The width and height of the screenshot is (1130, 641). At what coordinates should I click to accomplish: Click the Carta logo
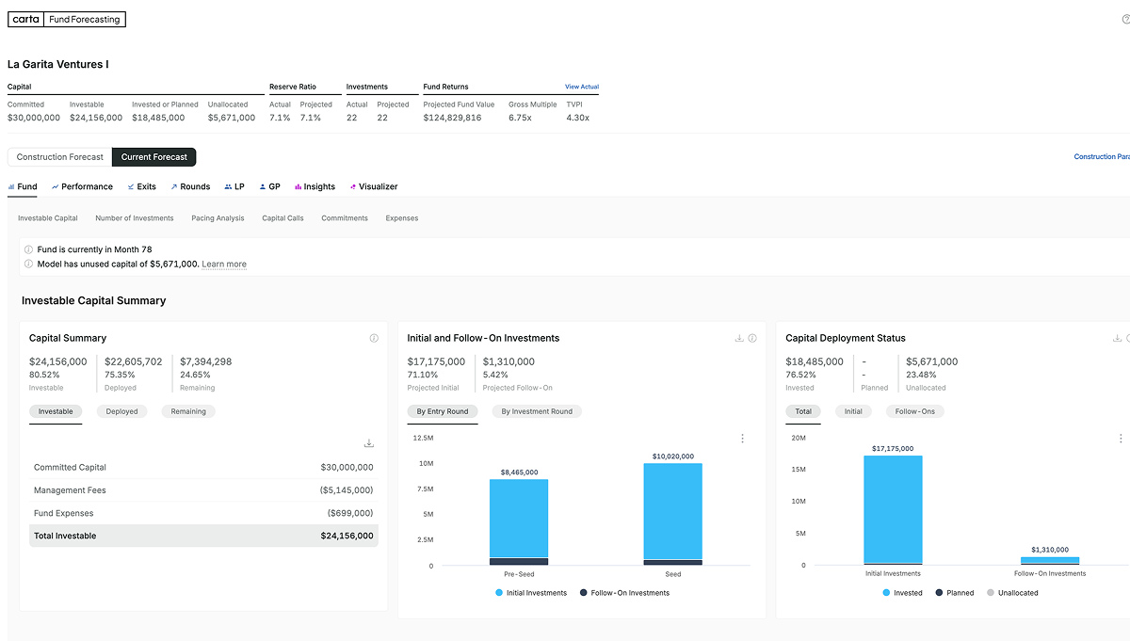click(x=26, y=19)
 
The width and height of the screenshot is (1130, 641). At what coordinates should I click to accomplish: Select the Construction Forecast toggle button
click(x=60, y=157)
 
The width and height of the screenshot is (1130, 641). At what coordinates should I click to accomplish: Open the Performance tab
click(x=82, y=186)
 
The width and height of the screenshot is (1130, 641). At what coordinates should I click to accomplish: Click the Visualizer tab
click(x=374, y=186)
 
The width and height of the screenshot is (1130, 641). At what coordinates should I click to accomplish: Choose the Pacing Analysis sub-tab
click(x=218, y=218)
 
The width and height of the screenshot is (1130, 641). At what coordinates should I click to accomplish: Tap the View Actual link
click(x=581, y=87)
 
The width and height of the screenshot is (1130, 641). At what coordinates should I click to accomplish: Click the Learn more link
click(x=224, y=264)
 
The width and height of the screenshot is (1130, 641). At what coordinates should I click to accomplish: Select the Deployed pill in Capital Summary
click(x=121, y=411)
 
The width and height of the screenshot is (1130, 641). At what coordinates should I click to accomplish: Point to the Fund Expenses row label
click(x=63, y=513)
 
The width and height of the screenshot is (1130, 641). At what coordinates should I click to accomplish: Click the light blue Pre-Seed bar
click(x=518, y=518)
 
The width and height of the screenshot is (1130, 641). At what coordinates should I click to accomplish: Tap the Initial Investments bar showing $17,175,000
click(x=893, y=508)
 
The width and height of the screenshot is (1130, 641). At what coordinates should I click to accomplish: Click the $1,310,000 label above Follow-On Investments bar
click(x=1049, y=550)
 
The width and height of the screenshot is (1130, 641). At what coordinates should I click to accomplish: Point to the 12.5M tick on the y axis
click(x=423, y=438)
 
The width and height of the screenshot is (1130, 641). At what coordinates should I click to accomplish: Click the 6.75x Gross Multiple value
click(x=520, y=118)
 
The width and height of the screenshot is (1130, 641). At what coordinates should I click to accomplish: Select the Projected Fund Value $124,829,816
click(x=452, y=118)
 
